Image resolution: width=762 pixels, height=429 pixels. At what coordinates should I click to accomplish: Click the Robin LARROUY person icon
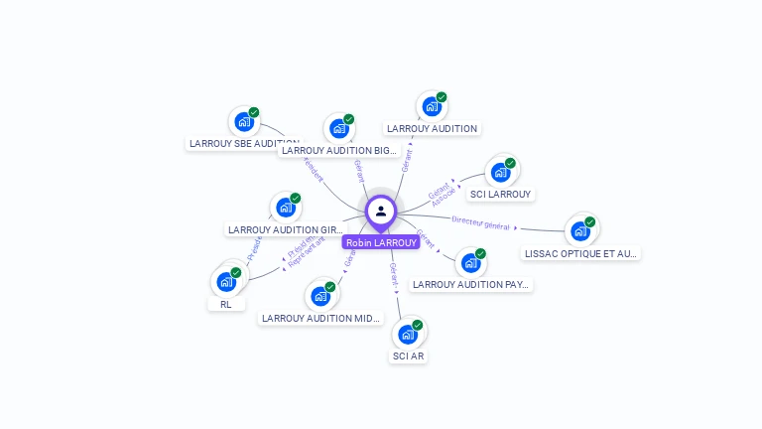click(x=381, y=211)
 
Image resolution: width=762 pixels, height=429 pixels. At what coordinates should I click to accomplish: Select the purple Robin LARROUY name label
click(x=381, y=242)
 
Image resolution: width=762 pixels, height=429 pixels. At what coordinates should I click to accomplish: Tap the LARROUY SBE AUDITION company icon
click(x=243, y=122)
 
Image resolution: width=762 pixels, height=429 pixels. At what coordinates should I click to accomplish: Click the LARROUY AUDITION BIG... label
click(x=338, y=151)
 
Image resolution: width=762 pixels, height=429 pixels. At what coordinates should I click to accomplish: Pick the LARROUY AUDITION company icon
click(x=431, y=106)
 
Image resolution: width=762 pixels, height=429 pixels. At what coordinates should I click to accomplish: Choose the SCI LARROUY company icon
click(x=500, y=172)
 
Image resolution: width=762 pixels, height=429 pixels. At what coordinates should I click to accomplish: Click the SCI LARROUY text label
click(x=500, y=195)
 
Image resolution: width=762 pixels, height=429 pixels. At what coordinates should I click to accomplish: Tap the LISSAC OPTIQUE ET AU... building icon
click(x=579, y=231)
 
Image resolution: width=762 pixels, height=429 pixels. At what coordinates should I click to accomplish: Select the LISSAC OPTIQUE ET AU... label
click(x=580, y=253)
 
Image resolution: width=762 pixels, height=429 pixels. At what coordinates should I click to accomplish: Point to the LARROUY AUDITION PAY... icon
click(x=470, y=263)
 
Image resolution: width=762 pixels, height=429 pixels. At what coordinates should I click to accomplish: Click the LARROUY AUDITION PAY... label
click(x=471, y=285)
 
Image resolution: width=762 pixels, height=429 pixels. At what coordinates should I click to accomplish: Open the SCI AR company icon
click(x=407, y=334)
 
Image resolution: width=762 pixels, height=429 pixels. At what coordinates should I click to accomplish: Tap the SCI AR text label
click(x=408, y=356)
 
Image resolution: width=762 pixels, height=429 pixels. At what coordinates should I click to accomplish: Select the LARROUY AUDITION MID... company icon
click(x=319, y=296)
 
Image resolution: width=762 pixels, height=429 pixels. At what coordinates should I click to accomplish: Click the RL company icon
click(x=226, y=282)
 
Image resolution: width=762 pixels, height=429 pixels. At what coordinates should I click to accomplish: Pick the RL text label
click(x=226, y=305)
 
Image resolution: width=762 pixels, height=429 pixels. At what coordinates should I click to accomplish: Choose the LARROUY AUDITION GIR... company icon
click(x=286, y=208)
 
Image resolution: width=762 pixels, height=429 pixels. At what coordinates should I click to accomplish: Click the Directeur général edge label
click(x=480, y=222)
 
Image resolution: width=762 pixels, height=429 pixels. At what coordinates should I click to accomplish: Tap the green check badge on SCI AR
click(x=418, y=325)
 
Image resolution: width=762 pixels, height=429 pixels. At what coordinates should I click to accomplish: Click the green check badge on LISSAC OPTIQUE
click(x=590, y=221)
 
